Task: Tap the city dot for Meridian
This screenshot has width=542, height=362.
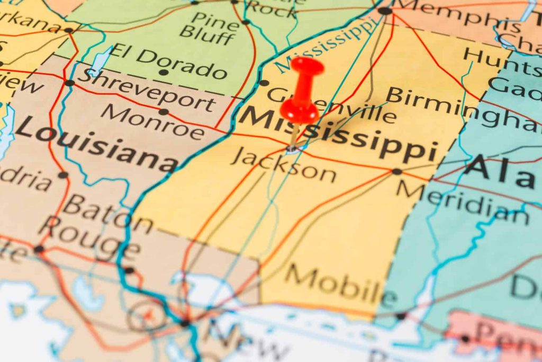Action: point(396,171)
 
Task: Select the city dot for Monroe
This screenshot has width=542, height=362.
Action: point(164,112)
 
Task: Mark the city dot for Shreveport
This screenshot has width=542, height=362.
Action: point(69,83)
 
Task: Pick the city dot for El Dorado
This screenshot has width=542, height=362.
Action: point(164,73)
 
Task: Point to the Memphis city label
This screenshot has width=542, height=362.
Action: point(455,15)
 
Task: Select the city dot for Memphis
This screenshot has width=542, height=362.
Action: point(385,11)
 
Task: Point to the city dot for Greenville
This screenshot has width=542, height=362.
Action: point(264,83)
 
